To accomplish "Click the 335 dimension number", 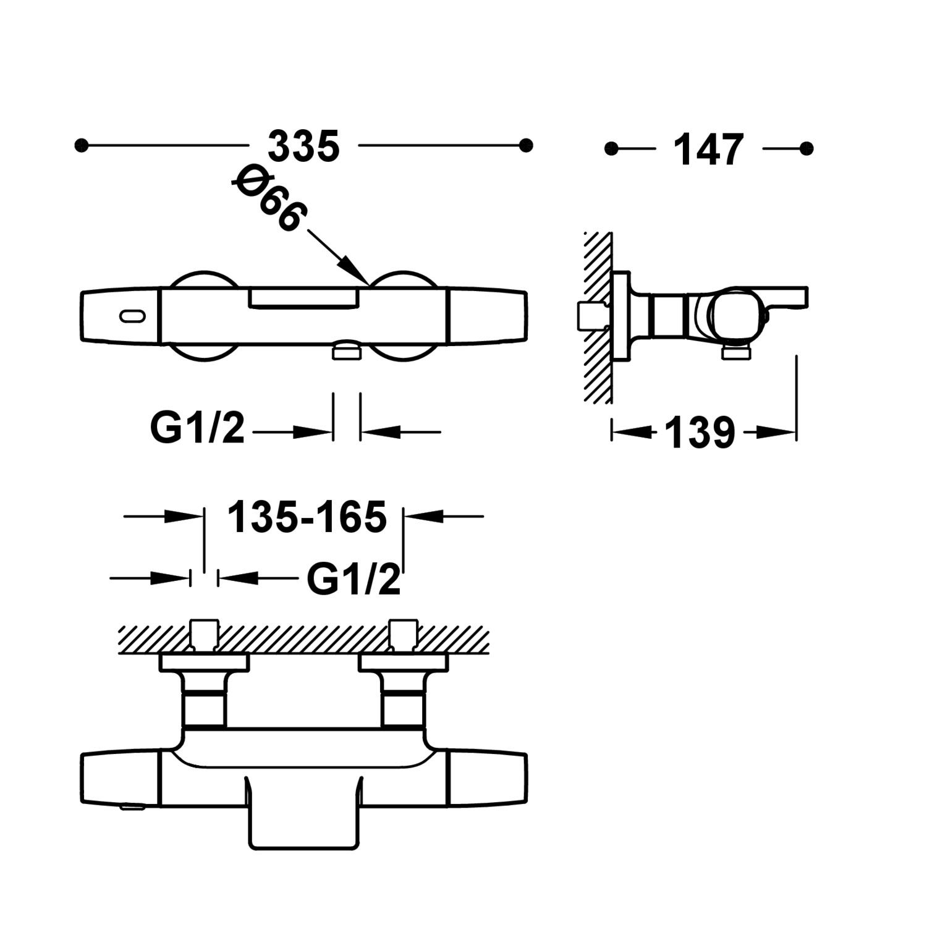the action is point(303,146).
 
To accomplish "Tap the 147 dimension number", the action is point(708,150).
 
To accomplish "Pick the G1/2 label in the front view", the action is point(198,428).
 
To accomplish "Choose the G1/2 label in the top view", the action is point(353,579).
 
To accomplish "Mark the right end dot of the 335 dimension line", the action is point(526,146).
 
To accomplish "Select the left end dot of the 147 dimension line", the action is point(611,148).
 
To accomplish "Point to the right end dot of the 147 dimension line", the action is point(806,148).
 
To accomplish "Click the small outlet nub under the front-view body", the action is point(346,350).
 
